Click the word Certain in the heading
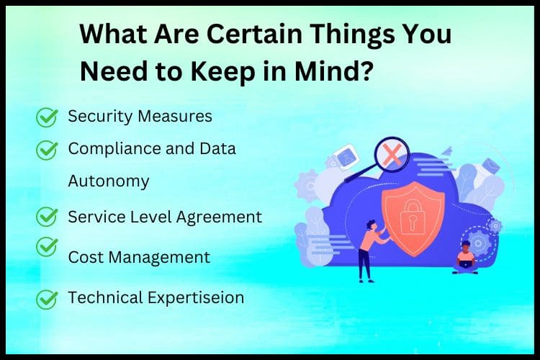coord(254,34)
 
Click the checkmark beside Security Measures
coord(47,117)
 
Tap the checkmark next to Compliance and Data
coord(47,150)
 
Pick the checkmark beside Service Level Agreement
coord(47,216)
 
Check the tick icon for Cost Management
coord(47,246)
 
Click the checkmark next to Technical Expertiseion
coord(47,299)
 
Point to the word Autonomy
coord(109,181)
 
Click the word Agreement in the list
coord(219,217)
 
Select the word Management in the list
coord(159,258)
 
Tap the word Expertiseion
coord(196,298)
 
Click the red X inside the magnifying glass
coord(392,154)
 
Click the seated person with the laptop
coord(465,258)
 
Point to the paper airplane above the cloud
coord(446,152)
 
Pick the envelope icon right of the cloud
coord(490,166)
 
